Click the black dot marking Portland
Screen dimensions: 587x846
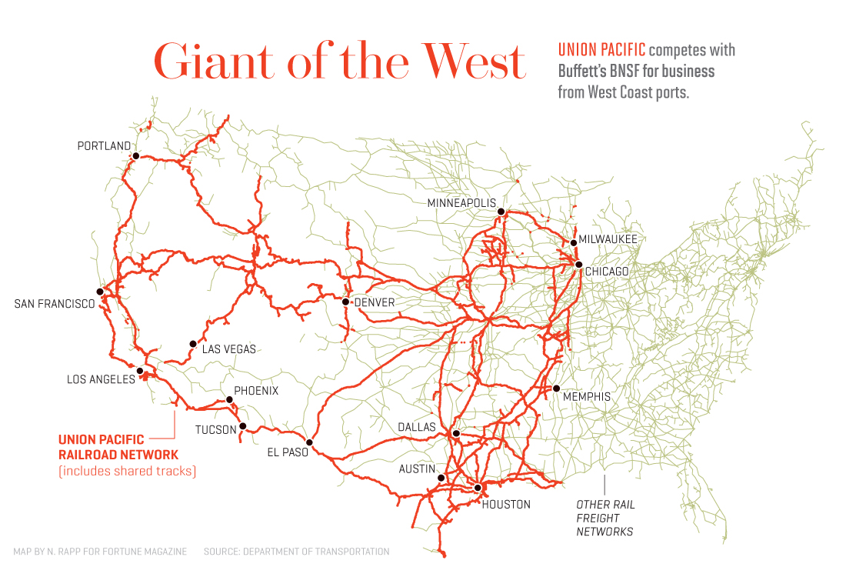point(135,155)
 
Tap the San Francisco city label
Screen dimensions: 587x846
point(55,304)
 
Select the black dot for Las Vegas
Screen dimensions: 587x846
point(193,344)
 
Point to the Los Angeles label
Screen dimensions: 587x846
point(101,379)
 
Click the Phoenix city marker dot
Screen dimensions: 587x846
point(229,399)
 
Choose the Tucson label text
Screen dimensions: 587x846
point(215,429)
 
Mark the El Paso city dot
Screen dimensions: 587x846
point(309,442)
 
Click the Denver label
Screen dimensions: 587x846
point(374,302)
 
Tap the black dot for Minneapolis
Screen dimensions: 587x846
point(501,211)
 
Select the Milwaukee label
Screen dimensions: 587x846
point(608,240)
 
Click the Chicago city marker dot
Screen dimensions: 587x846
point(578,264)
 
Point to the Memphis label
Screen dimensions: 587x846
point(586,397)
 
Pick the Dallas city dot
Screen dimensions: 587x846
point(456,433)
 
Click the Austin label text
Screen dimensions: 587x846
point(417,469)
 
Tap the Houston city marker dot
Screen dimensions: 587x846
point(478,488)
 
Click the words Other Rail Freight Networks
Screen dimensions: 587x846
point(605,518)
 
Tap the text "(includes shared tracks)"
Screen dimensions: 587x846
point(127,471)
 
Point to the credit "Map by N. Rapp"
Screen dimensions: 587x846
point(100,552)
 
